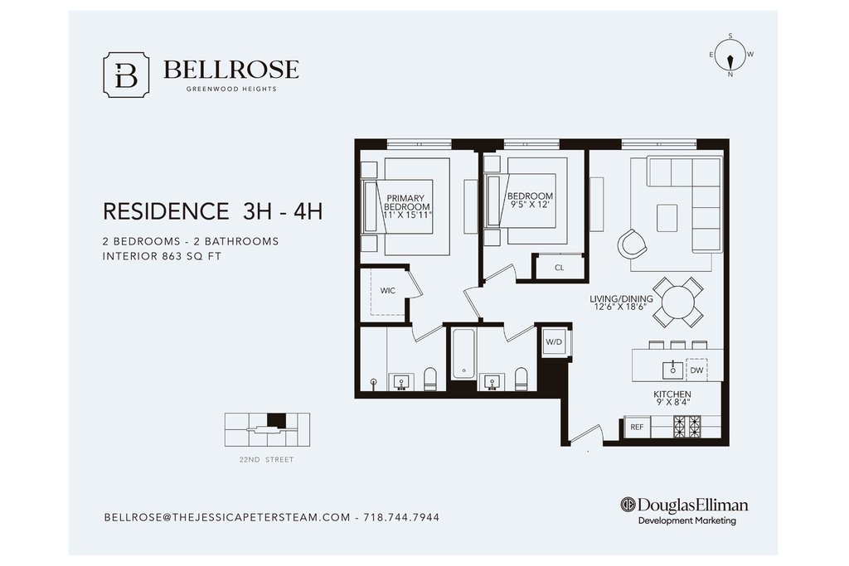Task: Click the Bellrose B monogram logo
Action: click(126, 75)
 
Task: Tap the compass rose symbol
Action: click(730, 56)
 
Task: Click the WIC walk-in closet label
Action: click(388, 291)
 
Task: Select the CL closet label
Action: click(560, 268)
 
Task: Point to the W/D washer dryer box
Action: click(555, 342)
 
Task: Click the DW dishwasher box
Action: click(696, 370)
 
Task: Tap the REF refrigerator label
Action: click(637, 427)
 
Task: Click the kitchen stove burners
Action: click(686, 427)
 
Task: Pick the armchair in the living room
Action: click(632, 244)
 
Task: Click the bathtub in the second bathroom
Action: click(463, 354)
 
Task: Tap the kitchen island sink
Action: click(673, 370)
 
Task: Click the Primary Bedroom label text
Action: click(406, 202)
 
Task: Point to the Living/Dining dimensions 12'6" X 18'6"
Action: click(621, 307)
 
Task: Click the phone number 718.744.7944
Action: click(401, 517)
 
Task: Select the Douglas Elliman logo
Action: click(684, 510)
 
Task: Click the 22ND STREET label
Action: click(266, 459)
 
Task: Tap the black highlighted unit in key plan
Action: click(276, 420)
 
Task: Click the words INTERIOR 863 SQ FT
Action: click(162, 257)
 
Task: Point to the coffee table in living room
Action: click(667, 218)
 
